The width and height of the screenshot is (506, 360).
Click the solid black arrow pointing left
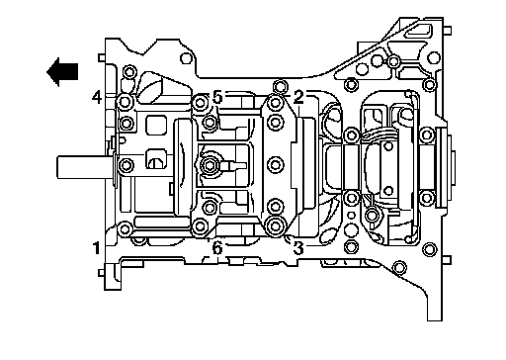(x=62, y=72)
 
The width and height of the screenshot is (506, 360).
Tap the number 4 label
(x=97, y=97)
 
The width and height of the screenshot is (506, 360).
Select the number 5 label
(x=217, y=97)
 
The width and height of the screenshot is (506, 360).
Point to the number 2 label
(x=298, y=97)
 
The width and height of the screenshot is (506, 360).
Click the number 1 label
(x=96, y=248)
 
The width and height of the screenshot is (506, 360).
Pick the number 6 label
(x=217, y=248)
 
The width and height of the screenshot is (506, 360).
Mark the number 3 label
(x=298, y=248)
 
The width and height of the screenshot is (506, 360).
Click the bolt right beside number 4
(x=125, y=102)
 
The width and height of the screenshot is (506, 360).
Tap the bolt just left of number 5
(x=200, y=103)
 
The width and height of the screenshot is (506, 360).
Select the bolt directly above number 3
(x=275, y=225)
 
